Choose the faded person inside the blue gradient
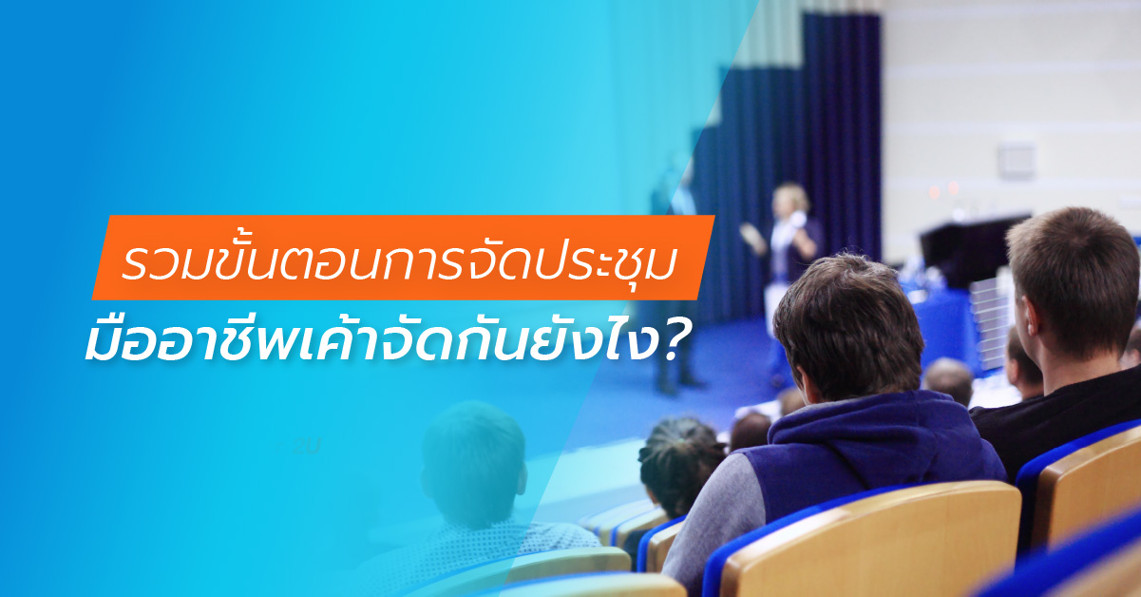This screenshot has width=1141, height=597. (x=475, y=475)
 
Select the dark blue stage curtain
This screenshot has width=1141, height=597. (x=836, y=124)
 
